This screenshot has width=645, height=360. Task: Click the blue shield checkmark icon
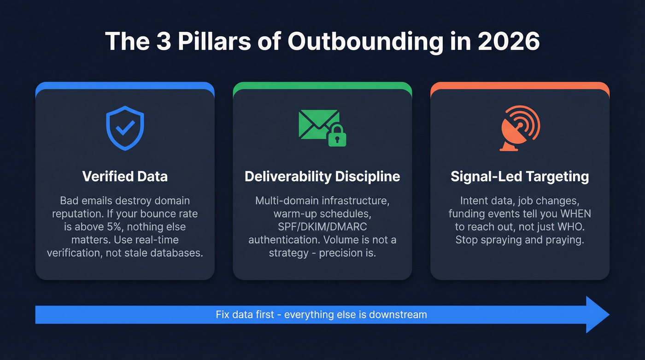[x=125, y=128]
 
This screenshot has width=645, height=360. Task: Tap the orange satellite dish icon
[x=520, y=128]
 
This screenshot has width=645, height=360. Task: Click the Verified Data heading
[x=125, y=177]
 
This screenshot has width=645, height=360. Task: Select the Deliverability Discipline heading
[x=322, y=177]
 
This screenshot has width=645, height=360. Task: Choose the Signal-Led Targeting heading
[x=520, y=177]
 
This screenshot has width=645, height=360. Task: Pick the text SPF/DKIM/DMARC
[x=322, y=227]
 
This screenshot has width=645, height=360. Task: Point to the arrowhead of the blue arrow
[x=597, y=315]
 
